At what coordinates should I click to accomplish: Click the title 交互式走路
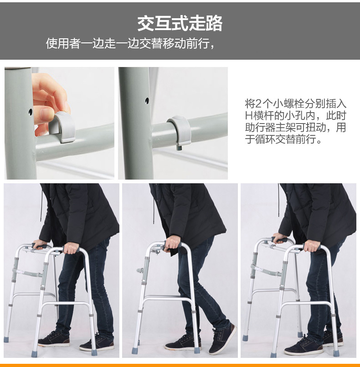[x=180, y=23]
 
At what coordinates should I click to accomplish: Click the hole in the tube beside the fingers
[x=30, y=111]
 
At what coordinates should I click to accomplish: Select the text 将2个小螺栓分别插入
[x=295, y=103]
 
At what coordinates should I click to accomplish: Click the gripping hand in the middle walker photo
[x=173, y=243]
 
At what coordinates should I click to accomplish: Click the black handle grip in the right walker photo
[x=279, y=239]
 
